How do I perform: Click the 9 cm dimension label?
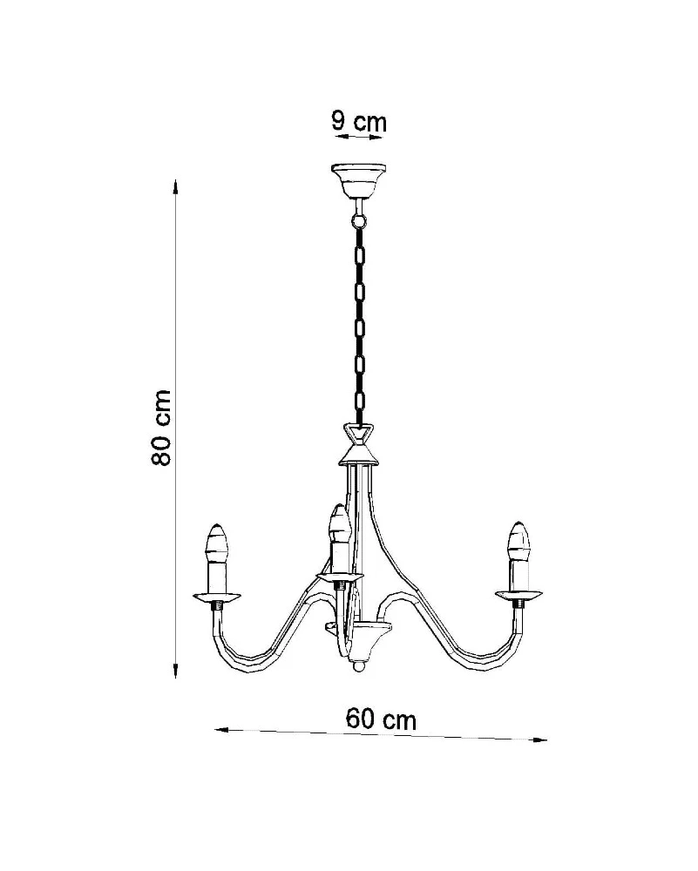(x=358, y=121)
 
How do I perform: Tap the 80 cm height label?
(x=160, y=427)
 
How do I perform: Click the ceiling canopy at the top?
(x=358, y=182)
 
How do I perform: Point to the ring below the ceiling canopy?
(x=359, y=221)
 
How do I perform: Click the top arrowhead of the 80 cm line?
(x=176, y=186)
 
